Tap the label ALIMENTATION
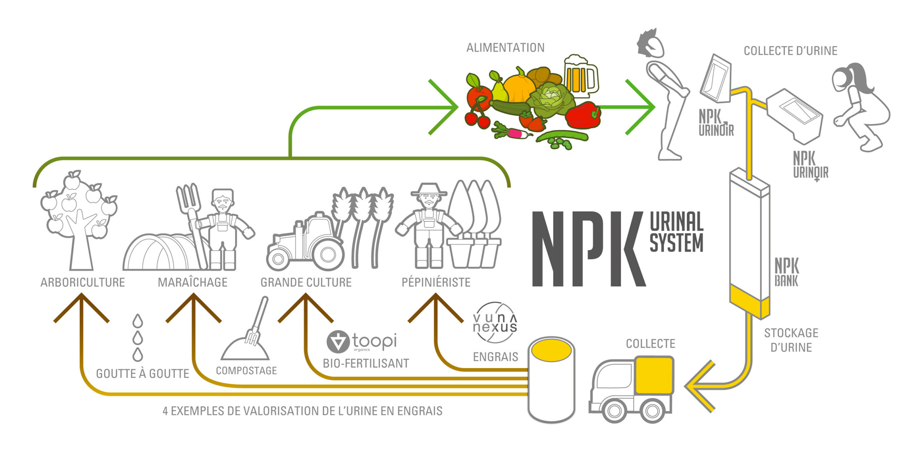pyautogui.click(x=505, y=48)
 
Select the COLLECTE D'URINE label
pyautogui.click(x=790, y=51)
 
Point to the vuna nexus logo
pyautogui.click(x=495, y=323)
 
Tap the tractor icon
pyautogui.click(x=305, y=243)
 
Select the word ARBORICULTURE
pyautogui.click(x=83, y=282)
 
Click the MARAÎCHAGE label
pyautogui.click(x=193, y=282)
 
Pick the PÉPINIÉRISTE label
pyautogui.click(x=436, y=282)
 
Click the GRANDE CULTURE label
pyautogui.click(x=306, y=282)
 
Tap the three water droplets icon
pyautogui.click(x=138, y=338)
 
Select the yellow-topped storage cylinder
pyautogui.click(x=551, y=379)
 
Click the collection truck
pyautogui.click(x=632, y=388)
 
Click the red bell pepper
pyautogui.click(x=583, y=115)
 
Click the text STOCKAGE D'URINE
pyautogui.click(x=791, y=340)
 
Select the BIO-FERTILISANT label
pyautogui.click(x=366, y=364)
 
